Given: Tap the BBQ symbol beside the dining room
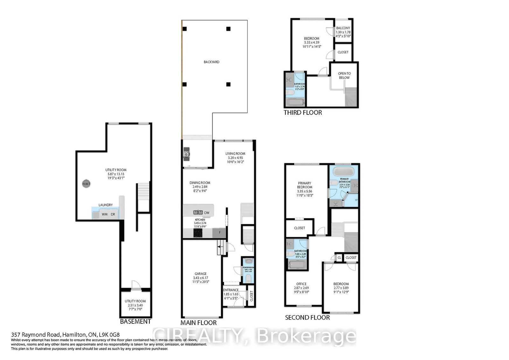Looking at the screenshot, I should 186,154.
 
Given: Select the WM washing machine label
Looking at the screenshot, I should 104,214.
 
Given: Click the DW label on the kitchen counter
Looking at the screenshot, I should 207,213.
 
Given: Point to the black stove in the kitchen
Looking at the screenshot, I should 198,233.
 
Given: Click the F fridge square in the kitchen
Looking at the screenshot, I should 219,233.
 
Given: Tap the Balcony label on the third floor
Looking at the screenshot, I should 343,28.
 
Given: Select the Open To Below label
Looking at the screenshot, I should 344,75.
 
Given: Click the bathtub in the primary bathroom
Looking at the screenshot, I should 343,172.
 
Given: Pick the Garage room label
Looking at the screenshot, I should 200,273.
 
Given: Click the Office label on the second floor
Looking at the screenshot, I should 301,284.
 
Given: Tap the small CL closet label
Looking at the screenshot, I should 339,258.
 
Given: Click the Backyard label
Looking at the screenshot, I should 212,62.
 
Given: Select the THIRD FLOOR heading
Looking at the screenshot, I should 303,113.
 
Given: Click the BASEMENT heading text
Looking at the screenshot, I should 135,321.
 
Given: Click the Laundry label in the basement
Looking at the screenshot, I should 106,205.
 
